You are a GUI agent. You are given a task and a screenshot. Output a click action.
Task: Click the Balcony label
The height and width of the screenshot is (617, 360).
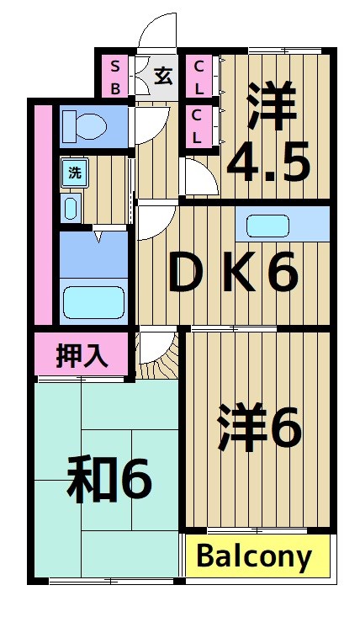[255, 556]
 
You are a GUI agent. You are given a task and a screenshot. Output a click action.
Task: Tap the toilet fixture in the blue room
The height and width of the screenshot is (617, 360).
[84, 125]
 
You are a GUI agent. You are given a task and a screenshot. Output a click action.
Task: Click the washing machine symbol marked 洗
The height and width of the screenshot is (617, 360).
[75, 173]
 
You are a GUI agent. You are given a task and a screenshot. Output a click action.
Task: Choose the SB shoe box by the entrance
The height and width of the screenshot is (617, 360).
[114, 77]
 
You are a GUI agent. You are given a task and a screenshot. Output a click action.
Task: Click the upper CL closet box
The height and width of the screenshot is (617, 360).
[199, 77]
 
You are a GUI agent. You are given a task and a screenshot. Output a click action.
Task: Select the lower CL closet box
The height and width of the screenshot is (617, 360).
[199, 125]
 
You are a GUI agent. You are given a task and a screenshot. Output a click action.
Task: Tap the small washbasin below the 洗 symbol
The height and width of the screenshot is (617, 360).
[71, 206]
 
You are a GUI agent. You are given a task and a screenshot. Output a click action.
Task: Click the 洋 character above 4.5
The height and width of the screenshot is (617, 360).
[273, 105]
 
